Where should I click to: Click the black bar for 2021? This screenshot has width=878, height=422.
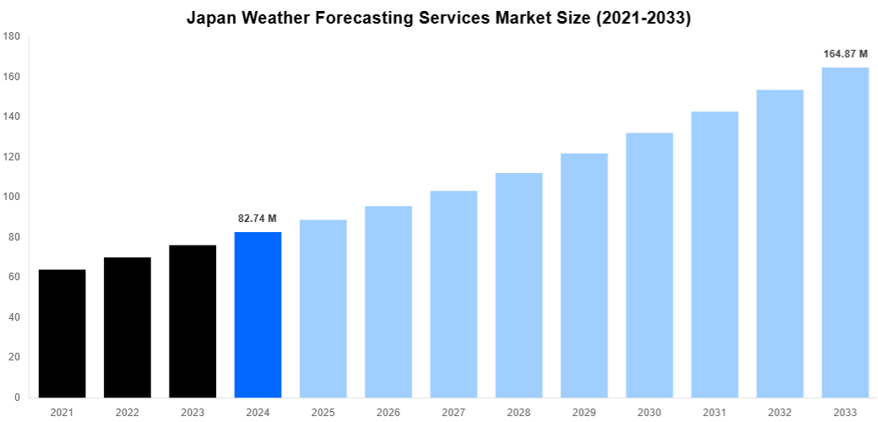pos(62,333)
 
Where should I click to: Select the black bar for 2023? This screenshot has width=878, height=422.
pos(192,321)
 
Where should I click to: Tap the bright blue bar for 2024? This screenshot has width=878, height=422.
pos(257,315)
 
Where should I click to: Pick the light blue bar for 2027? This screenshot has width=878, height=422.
pos(453,294)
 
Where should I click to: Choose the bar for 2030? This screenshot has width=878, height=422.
pos(649,265)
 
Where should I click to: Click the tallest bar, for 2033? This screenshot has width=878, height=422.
pos(845,232)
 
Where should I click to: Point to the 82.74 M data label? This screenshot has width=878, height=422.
pos(257,219)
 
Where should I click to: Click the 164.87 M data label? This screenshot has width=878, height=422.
pos(845,54)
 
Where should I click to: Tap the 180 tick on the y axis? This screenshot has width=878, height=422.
pos(12,37)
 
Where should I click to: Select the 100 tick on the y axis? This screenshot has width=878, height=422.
pos(12,197)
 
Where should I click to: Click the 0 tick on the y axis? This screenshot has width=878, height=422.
pos(17,398)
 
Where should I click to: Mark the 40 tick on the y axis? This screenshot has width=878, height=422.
pos(14,317)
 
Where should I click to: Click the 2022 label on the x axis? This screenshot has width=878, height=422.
pos(127,413)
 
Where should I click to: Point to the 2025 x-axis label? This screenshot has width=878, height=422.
pos(323,413)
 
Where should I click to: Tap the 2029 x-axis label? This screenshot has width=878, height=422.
pos(584,413)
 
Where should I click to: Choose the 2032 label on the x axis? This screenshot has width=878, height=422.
pos(780,413)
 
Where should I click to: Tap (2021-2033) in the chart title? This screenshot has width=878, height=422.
pos(643,19)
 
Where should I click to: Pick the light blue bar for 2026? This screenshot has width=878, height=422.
pos(388,301)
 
